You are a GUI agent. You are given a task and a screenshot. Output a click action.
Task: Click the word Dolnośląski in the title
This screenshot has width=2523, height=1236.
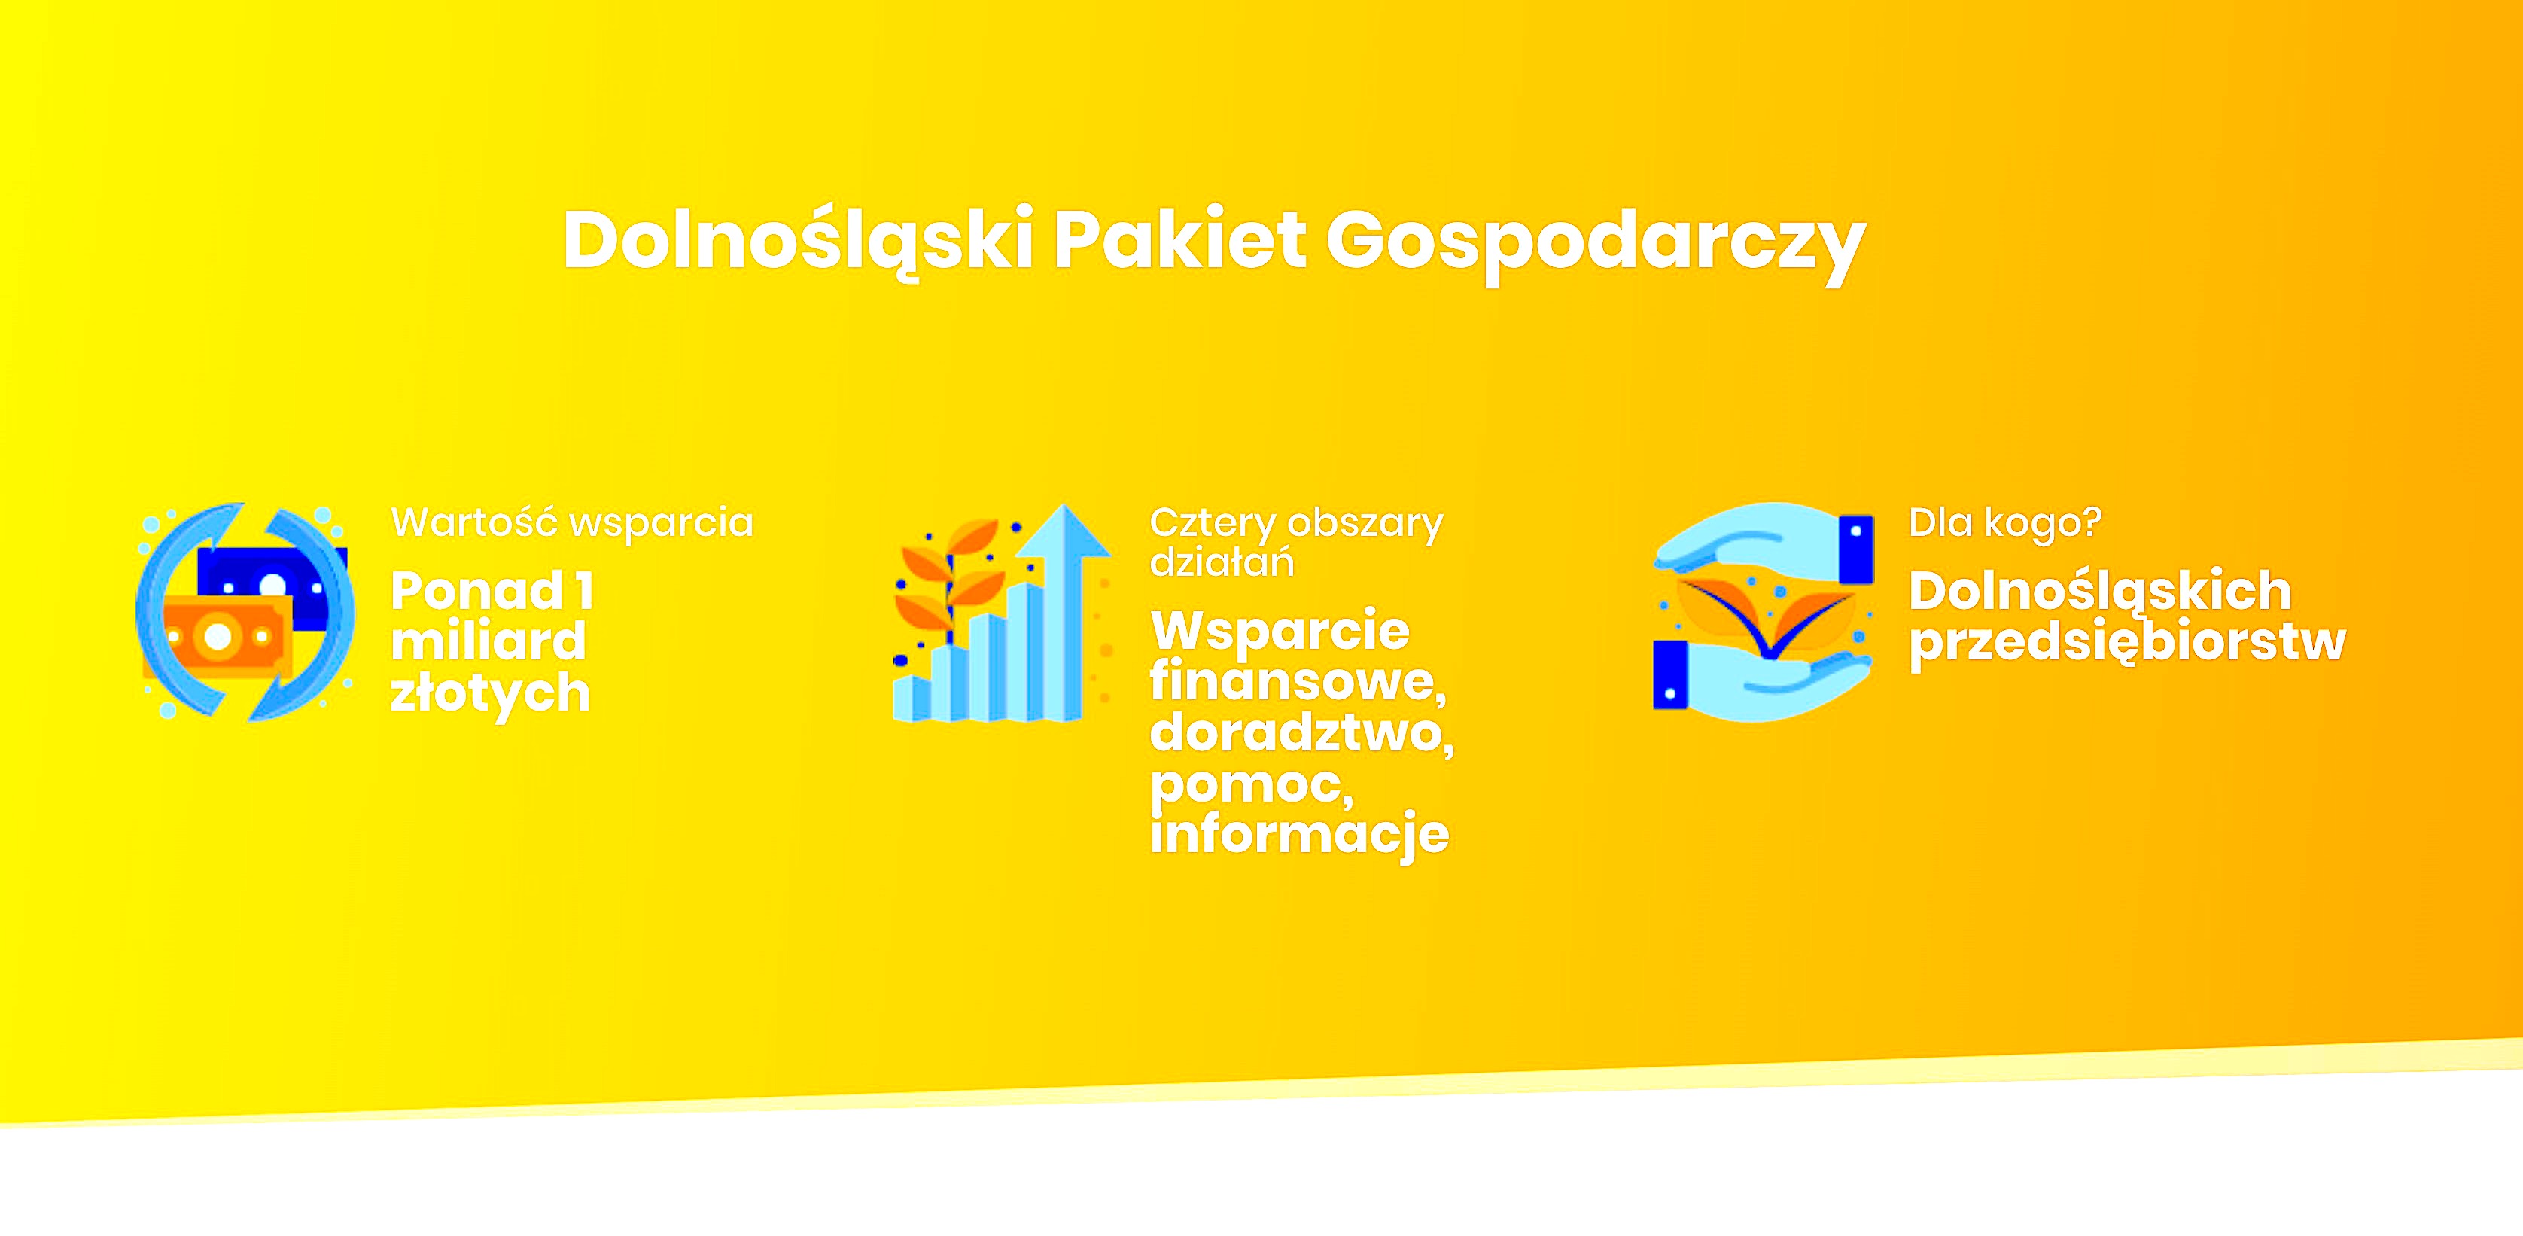point(799,242)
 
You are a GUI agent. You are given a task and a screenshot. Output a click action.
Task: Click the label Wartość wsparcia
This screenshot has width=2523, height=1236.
point(572,523)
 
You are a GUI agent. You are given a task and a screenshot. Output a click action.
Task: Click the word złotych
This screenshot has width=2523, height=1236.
point(490,693)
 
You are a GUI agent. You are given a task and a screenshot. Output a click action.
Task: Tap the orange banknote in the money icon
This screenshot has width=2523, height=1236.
point(218,637)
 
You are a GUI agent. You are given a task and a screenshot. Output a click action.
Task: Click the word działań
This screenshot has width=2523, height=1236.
point(1222,562)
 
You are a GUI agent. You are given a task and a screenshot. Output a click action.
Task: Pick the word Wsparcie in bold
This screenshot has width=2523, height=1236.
point(1280,631)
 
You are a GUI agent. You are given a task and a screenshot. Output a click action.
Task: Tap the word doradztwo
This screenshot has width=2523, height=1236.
point(1301,734)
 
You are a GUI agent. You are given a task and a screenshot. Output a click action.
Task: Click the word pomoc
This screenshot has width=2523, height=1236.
point(1252,785)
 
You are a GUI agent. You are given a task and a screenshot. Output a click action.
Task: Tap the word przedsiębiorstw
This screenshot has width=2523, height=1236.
point(2127,644)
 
